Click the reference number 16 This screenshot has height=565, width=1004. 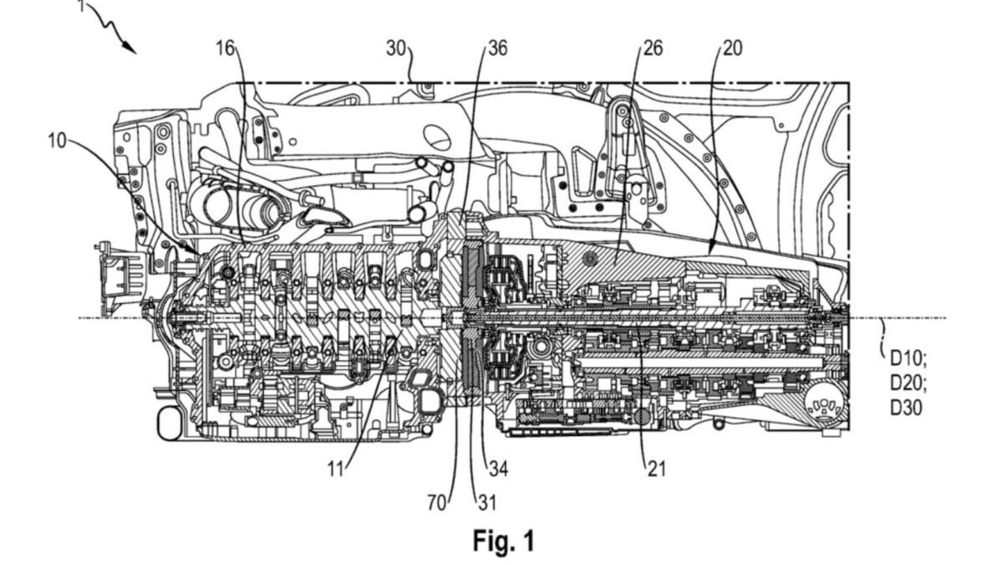[x=225, y=49]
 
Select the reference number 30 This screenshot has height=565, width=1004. [x=396, y=49]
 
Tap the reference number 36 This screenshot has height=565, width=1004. [x=498, y=49]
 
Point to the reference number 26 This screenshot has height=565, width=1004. [x=653, y=49]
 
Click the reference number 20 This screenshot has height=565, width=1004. [x=732, y=49]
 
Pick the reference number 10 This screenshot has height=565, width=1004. [x=57, y=141]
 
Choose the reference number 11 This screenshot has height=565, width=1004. [x=336, y=470]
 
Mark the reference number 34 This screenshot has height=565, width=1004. [x=499, y=470]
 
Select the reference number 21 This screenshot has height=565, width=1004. [x=657, y=470]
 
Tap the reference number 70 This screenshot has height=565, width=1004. [x=437, y=503]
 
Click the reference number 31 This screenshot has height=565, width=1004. [x=487, y=503]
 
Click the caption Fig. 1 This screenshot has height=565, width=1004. [x=504, y=541]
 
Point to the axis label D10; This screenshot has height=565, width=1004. [x=909, y=358]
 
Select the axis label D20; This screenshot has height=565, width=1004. [x=909, y=383]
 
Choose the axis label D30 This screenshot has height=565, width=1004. [x=906, y=408]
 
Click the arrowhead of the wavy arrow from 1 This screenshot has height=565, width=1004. [x=131, y=49]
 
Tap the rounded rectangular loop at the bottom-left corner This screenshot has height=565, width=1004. [x=170, y=423]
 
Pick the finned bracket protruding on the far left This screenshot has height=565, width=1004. [x=119, y=278]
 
